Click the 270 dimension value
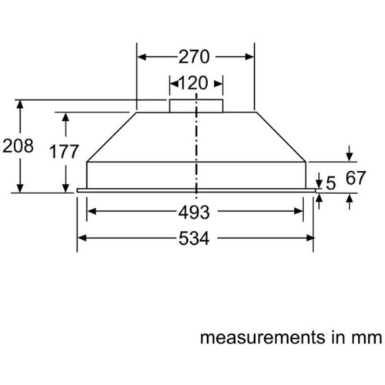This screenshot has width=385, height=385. point(194,57)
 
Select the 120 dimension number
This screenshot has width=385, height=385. point(192,83)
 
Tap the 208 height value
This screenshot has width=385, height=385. point(18,146)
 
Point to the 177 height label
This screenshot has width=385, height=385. point(64,152)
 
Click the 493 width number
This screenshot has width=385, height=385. point(194,213)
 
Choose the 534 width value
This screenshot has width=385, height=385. point(194,239)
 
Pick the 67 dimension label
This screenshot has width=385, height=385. point(355,178)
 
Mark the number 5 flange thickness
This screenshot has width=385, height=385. point(331,183)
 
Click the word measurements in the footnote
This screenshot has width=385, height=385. point(263,338)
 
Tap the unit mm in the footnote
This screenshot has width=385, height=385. point(367,338)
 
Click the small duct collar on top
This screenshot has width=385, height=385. point(196,106)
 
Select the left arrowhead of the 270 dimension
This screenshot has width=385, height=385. point(142,57)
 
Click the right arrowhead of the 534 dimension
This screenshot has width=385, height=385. point(310,239)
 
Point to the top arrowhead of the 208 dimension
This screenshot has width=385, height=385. point(20,105)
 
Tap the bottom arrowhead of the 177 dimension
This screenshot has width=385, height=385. point(65,188)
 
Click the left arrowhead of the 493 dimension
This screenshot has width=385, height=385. point(92,211)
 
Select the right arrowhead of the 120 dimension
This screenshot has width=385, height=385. point(219,84)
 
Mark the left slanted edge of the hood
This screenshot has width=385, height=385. point(112,137)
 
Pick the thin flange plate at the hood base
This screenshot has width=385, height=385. point(196,190)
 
